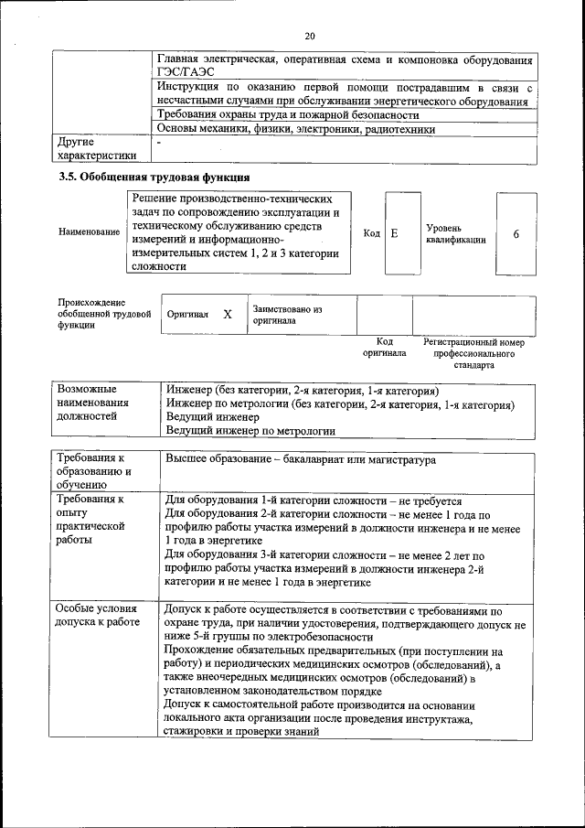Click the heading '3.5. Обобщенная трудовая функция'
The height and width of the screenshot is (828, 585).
pyautogui.click(x=154, y=177)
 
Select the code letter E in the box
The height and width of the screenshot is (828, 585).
pyautogui.click(x=394, y=233)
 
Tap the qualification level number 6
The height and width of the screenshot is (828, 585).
pyautogui.click(x=516, y=233)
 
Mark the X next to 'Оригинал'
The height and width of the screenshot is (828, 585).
pyautogui.click(x=228, y=314)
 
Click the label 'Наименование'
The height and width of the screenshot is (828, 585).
pyautogui.click(x=89, y=232)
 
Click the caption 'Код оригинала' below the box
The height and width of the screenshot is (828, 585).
pyautogui.click(x=384, y=347)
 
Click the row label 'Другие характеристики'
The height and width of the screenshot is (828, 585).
pyautogui.click(x=96, y=149)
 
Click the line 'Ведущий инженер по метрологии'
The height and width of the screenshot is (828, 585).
pyautogui.click(x=250, y=430)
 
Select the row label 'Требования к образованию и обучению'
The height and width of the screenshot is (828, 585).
pyautogui.click(x=94, y=472)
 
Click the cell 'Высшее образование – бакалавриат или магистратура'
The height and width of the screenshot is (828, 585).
pyautogui.click(x=301, y=460)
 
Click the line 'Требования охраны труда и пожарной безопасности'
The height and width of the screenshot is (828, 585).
pyautogui.click(x=288, y=115)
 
